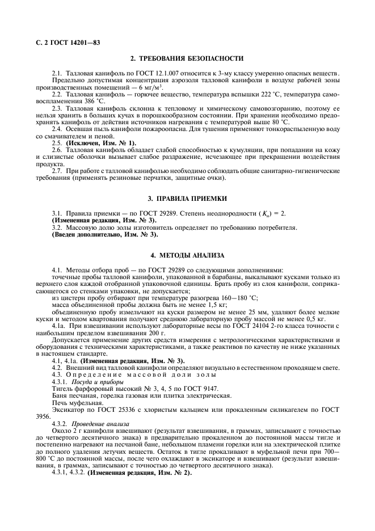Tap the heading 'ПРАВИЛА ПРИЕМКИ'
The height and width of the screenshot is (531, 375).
192,199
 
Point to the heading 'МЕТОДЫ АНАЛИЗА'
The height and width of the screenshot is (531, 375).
192,255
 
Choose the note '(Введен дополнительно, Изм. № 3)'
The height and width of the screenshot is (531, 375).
105,234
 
